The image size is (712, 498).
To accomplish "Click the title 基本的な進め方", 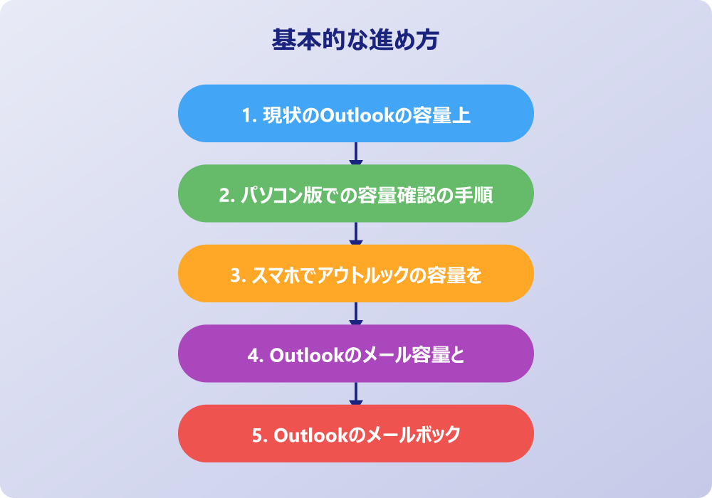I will point(355,40).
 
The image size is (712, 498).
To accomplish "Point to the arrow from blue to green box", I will point(356,154).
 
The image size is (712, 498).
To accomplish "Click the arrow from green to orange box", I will point(356,233).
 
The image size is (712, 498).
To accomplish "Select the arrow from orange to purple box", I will point(356,314).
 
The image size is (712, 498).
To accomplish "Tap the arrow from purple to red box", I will point(356,393).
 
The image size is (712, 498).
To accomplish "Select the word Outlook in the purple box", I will point(306,354).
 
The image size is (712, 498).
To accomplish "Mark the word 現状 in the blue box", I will point(276,115).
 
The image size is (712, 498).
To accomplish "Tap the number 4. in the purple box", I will point(255,354).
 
